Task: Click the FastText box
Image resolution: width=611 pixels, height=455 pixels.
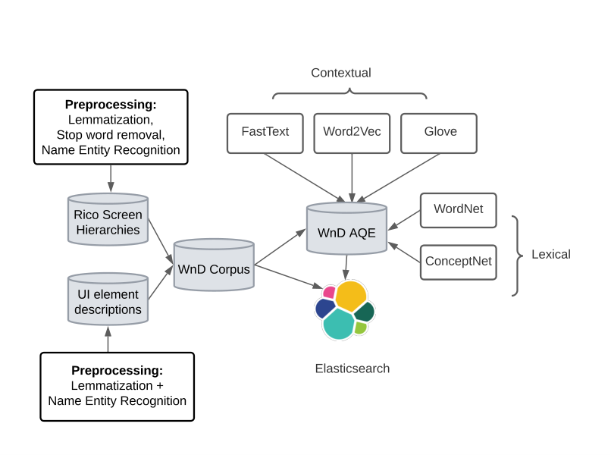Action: (265, 133)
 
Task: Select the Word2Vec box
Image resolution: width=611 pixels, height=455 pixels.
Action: (352, 133)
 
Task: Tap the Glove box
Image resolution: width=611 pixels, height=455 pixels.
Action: (439, 133)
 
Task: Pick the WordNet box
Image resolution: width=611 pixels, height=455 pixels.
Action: (458, 210)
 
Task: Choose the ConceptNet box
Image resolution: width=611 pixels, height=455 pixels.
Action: (458, 262)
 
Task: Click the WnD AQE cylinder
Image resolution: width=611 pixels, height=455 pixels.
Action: (346, 228)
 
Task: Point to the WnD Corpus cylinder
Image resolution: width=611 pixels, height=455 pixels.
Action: (214, 265)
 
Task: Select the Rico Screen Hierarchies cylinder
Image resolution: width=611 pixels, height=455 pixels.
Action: (108, 219)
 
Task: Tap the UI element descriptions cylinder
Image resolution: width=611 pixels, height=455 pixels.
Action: (108, 299)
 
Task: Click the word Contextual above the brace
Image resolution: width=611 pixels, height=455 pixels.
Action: (341, 73)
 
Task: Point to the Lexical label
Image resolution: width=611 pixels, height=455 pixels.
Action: (551, 254)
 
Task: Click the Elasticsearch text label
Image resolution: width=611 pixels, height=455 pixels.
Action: (352, 369)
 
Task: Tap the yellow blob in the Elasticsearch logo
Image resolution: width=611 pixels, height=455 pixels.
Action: (351, 296)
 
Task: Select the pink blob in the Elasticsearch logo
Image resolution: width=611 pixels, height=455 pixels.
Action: (329, 293)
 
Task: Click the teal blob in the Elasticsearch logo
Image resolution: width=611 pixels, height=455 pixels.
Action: (339, 325)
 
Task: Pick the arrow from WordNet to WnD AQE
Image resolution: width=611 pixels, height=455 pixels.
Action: (404, 220)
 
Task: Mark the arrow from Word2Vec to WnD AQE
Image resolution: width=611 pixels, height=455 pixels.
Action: (352, 177)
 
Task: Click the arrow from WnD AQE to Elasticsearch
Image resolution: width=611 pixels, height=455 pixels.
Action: (346, 268)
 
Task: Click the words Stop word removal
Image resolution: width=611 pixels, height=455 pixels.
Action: (111, 135)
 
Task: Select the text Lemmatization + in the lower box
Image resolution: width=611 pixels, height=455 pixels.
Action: (117, 385)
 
